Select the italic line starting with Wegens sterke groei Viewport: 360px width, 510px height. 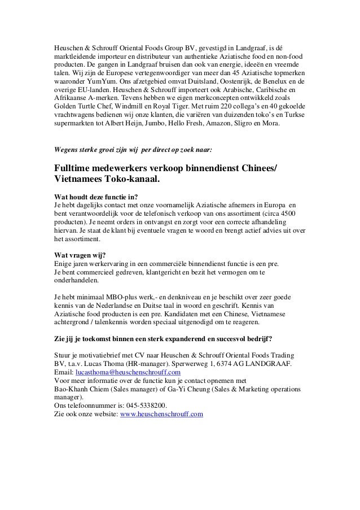(133, 151)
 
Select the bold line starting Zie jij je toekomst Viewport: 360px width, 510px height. (156, 339)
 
